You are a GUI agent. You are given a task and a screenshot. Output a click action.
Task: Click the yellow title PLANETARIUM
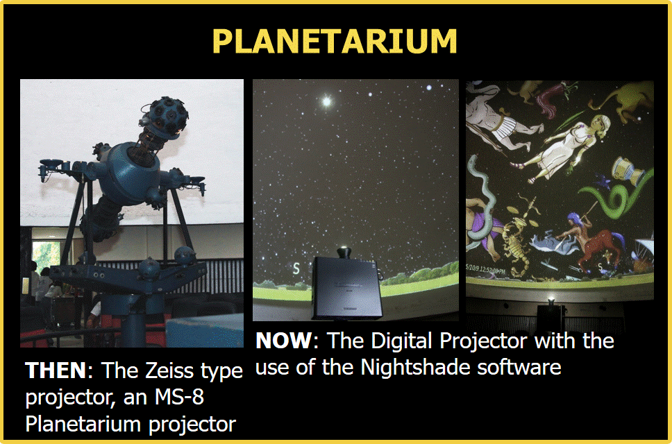[335, 41]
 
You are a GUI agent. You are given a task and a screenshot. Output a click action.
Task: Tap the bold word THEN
[56, 370]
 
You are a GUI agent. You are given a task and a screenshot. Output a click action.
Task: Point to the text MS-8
[179, 397]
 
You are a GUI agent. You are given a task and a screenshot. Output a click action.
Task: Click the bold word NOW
[284, 341]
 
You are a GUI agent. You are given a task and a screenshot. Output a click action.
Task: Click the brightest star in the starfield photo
[326, 102]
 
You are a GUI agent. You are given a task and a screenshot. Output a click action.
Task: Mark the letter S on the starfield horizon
[296, 269]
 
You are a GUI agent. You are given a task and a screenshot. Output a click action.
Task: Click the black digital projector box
[346, 287]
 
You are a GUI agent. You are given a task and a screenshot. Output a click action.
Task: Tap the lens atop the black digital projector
[344, 253]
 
